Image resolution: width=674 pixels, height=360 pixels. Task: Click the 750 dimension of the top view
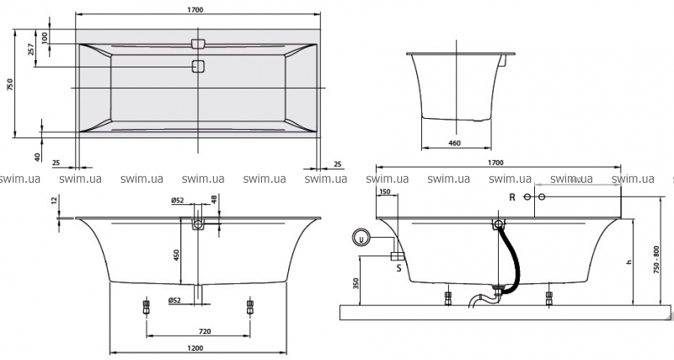(10, 84)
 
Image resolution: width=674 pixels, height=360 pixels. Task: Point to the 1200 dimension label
(196, 347)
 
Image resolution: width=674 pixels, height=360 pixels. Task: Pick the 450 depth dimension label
(176, 255)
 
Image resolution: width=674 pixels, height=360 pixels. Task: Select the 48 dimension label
(214, 201)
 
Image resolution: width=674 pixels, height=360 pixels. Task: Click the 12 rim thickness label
(54, 201)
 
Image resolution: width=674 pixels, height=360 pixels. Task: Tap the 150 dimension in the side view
(386, 192)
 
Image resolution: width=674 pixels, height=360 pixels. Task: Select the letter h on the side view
(629, 262)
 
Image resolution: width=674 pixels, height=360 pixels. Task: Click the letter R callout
(511, 196)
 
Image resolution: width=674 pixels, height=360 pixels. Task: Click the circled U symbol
(361, 237)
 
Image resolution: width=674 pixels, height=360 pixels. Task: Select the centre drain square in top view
(198, 67)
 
